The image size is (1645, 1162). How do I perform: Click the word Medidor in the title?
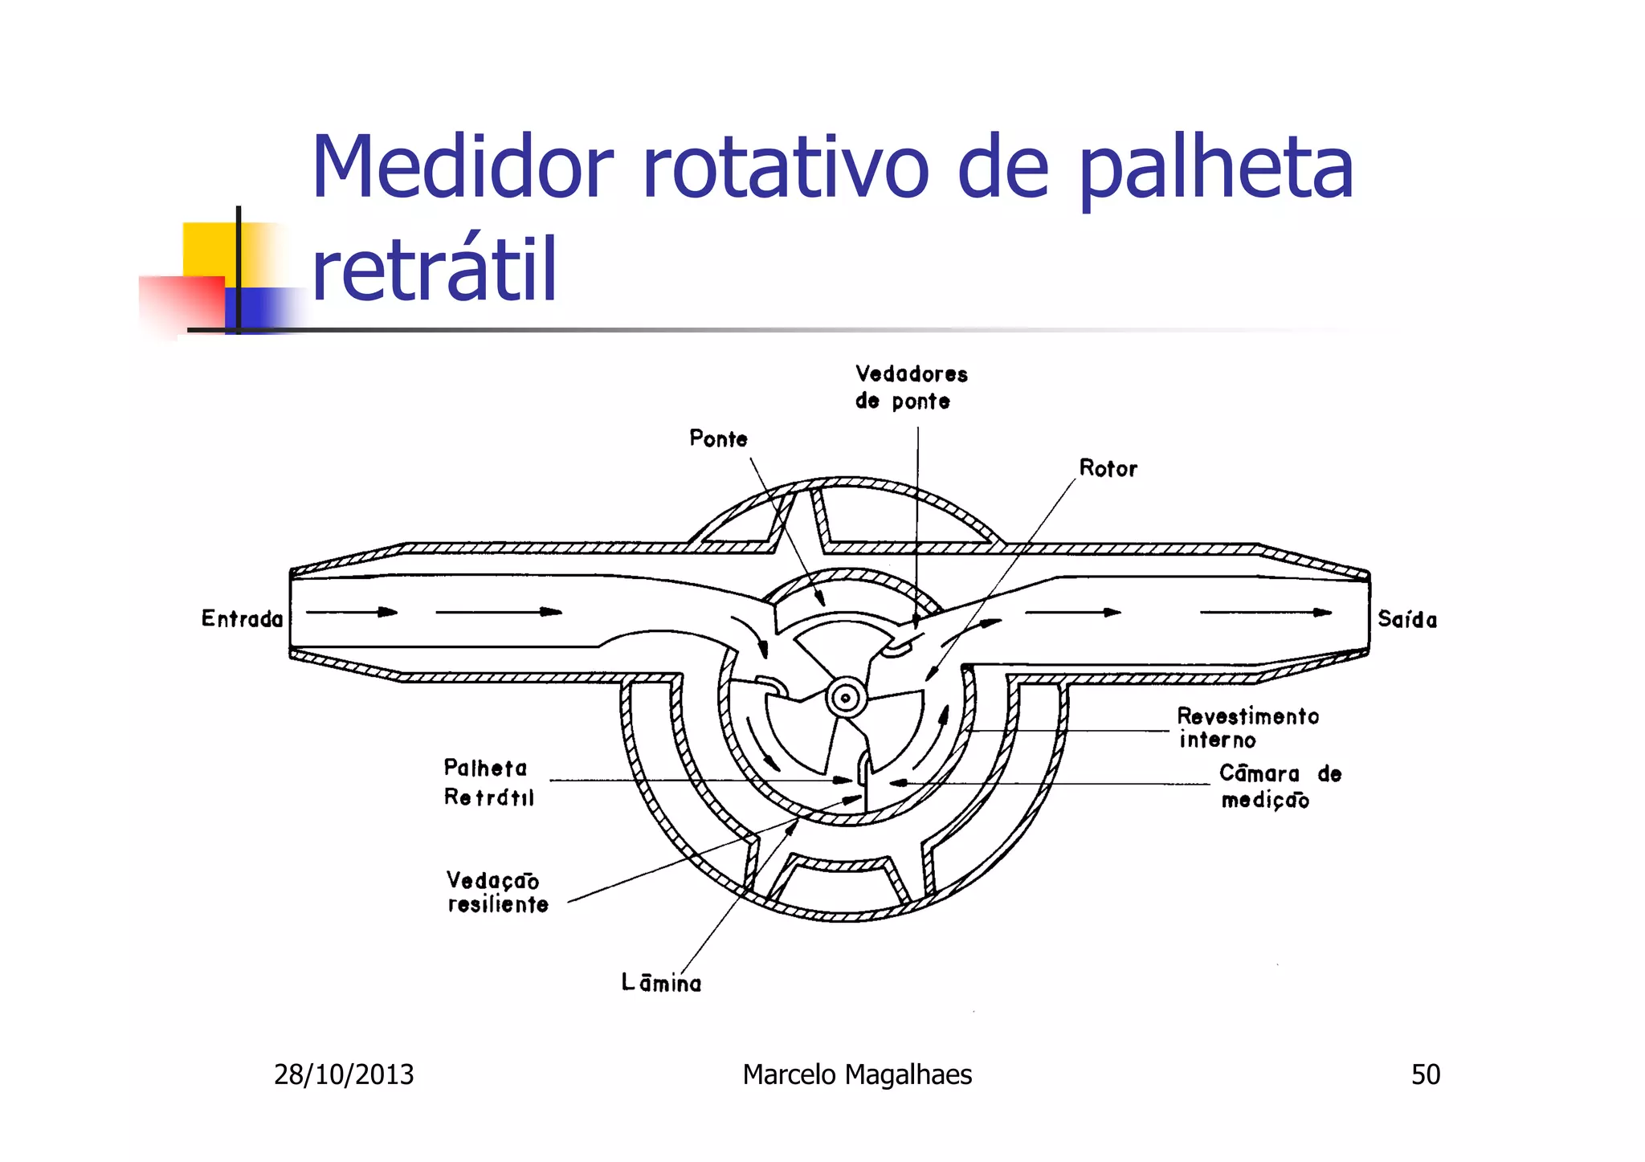[x=462, y=169]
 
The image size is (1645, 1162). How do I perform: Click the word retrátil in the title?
[x=434, y=271]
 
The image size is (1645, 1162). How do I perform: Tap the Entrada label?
[x=243, y=619]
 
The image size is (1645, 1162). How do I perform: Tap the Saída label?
[x=1407, y=619]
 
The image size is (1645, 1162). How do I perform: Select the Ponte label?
[x=718, y=439]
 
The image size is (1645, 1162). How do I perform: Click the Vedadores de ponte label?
[x=911, y=388]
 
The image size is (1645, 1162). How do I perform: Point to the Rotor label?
[x=1108, y=469]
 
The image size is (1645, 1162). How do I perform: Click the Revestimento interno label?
[x=1247, y=728]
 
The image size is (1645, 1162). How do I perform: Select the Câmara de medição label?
[x=1280, y=786]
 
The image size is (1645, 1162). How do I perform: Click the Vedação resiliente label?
[x=496, y=892]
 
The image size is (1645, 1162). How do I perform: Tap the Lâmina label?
[x=661, y=983]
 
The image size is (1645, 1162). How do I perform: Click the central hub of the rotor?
[x=845, y=698]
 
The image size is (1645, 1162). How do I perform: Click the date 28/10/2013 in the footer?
[x=344, y=1074]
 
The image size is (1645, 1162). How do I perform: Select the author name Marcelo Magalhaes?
[x=857, y=1074]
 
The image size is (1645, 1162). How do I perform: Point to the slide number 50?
[x=1426, y=1074]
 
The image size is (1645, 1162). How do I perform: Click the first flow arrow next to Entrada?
[x=352, y=613]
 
